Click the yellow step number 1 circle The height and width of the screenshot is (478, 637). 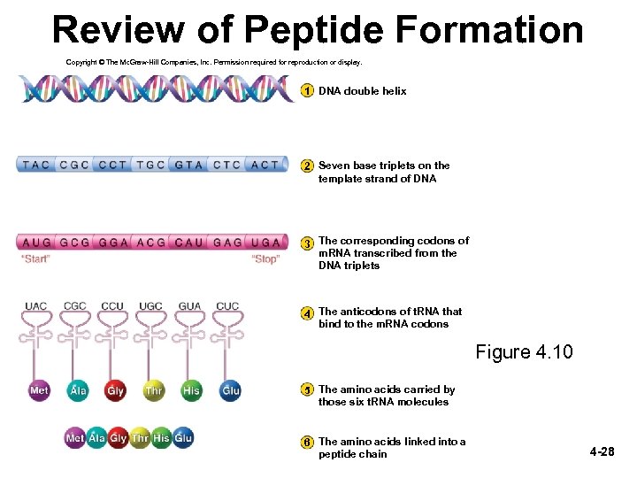coord(306,91)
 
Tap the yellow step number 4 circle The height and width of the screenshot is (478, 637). coord(306,313)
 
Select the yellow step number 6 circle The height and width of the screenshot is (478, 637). coord(306,442)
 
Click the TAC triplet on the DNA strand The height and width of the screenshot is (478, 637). coord(36,165)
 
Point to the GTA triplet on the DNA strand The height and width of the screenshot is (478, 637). coord(189,165)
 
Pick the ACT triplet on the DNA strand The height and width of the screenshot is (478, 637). coord(265,165)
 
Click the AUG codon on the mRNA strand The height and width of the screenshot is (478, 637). coord(36,242)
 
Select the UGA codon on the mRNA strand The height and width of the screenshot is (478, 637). coord(265,242)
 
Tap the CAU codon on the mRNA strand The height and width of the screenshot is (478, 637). coord(189,242)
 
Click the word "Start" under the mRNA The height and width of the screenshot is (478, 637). coord(35,259)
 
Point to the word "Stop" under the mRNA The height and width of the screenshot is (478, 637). coord(265,259)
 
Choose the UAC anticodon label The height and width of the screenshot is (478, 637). coord(35,306)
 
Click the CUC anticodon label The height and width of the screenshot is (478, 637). coord(227,306)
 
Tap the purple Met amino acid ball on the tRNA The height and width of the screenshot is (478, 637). coord(39,390)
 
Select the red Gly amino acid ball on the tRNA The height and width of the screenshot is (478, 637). coord(116,390)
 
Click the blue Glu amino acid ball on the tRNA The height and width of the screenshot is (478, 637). coord(231,390)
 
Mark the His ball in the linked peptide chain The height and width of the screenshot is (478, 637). coord(161,438)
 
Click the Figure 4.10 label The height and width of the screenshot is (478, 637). coord(524,352)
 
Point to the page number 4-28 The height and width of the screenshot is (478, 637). coord(602,452)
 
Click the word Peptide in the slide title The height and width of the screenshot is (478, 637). coord(315,30)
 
